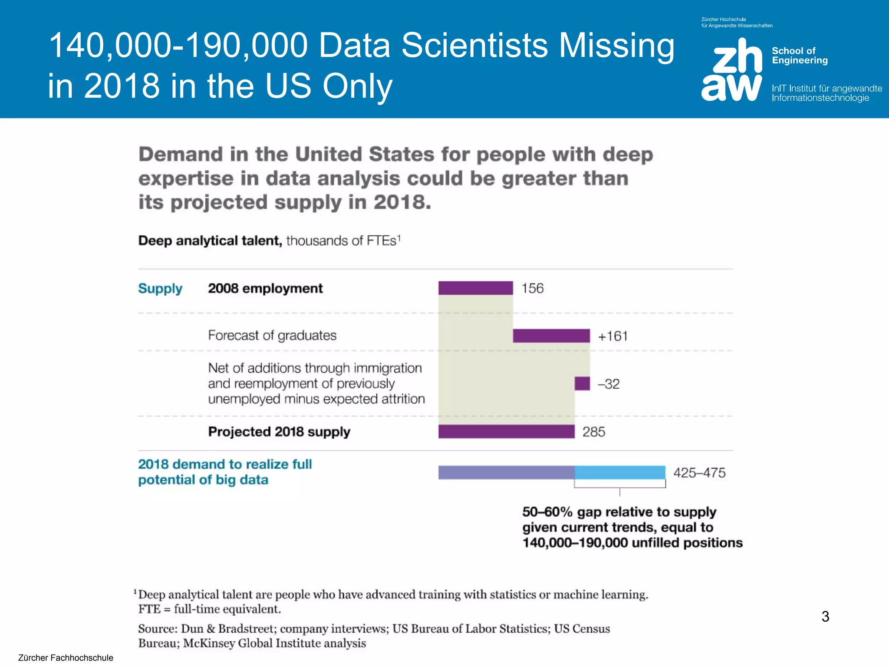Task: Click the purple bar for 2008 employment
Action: tap(475, 288)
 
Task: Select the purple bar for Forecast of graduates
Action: tap(551, 336)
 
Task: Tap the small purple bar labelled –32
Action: tap(582, 383)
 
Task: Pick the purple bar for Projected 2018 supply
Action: tap(506, 432)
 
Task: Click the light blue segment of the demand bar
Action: tap(620, 472)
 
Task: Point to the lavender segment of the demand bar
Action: tap(506, 472)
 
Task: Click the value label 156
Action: tap(532, 288)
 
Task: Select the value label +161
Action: tap(612, 336)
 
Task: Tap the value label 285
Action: tap(593, 432)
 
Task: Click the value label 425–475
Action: tap(699, 472)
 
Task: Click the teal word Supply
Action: tap(160, 289)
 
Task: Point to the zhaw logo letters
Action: tap(732, 69)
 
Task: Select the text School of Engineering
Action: tap(800, 56)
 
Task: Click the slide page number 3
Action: tap(825, 616)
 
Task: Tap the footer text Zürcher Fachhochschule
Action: tap(66, 657)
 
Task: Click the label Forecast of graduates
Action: tap(272, 335)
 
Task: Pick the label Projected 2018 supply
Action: tap(279, 432)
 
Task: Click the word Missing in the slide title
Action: tap(616, 45)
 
